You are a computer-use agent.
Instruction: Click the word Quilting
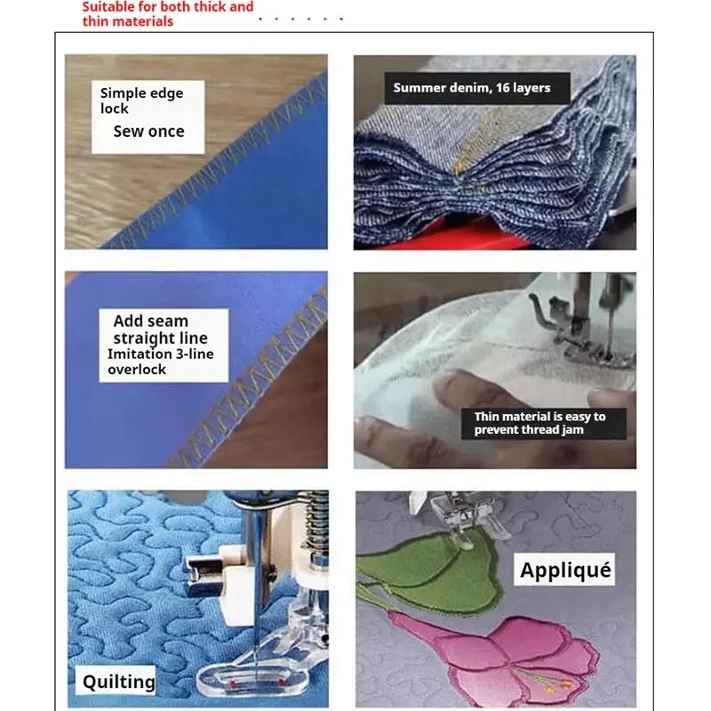tap(118, 682)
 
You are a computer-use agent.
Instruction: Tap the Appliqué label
tap(565, 570)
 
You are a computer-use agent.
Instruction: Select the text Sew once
tap(148, 132)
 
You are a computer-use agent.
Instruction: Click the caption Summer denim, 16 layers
tap(472, 87)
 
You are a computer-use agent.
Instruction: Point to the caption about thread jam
tap(539, 423)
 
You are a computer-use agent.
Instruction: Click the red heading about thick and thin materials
tap(168, 13)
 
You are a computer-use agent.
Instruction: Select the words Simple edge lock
tap(141, 100)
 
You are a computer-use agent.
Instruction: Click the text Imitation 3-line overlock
tap(161, 362)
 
